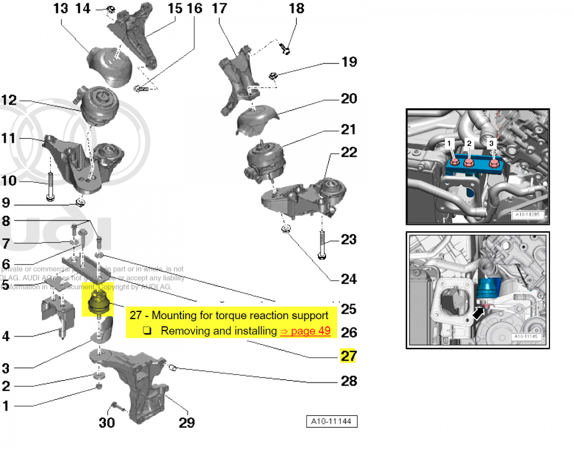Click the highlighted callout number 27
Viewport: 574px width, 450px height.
348,356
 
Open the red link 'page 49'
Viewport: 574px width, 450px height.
305,330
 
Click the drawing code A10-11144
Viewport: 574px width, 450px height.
332,422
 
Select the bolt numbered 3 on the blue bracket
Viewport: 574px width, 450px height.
494,161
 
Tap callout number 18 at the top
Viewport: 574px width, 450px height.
296,8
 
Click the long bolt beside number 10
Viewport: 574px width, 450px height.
50,181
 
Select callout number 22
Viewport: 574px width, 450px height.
349,152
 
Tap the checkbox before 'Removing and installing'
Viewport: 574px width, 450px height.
147,330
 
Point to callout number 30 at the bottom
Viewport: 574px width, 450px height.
106,423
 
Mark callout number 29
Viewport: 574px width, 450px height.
187,423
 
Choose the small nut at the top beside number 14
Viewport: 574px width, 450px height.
111,9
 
